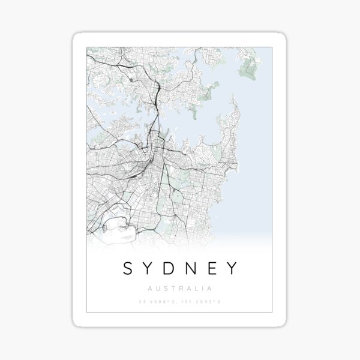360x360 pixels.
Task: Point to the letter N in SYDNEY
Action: coord(197,268)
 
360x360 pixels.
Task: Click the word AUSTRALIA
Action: coord(180,287)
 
